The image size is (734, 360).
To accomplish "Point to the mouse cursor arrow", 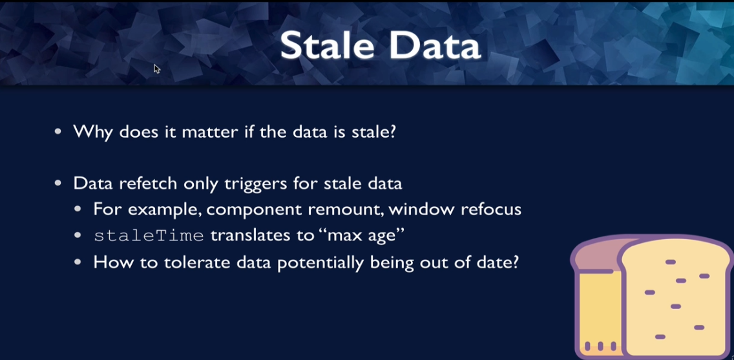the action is point(157,69).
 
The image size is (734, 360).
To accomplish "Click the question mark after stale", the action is point(392,132).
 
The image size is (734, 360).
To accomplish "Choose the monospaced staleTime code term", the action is point(149,235).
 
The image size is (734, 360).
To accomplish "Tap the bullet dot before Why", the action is point(58,132).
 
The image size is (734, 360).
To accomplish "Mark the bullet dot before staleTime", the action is point(78,235).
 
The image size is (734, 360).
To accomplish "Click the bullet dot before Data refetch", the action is point(58,184).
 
